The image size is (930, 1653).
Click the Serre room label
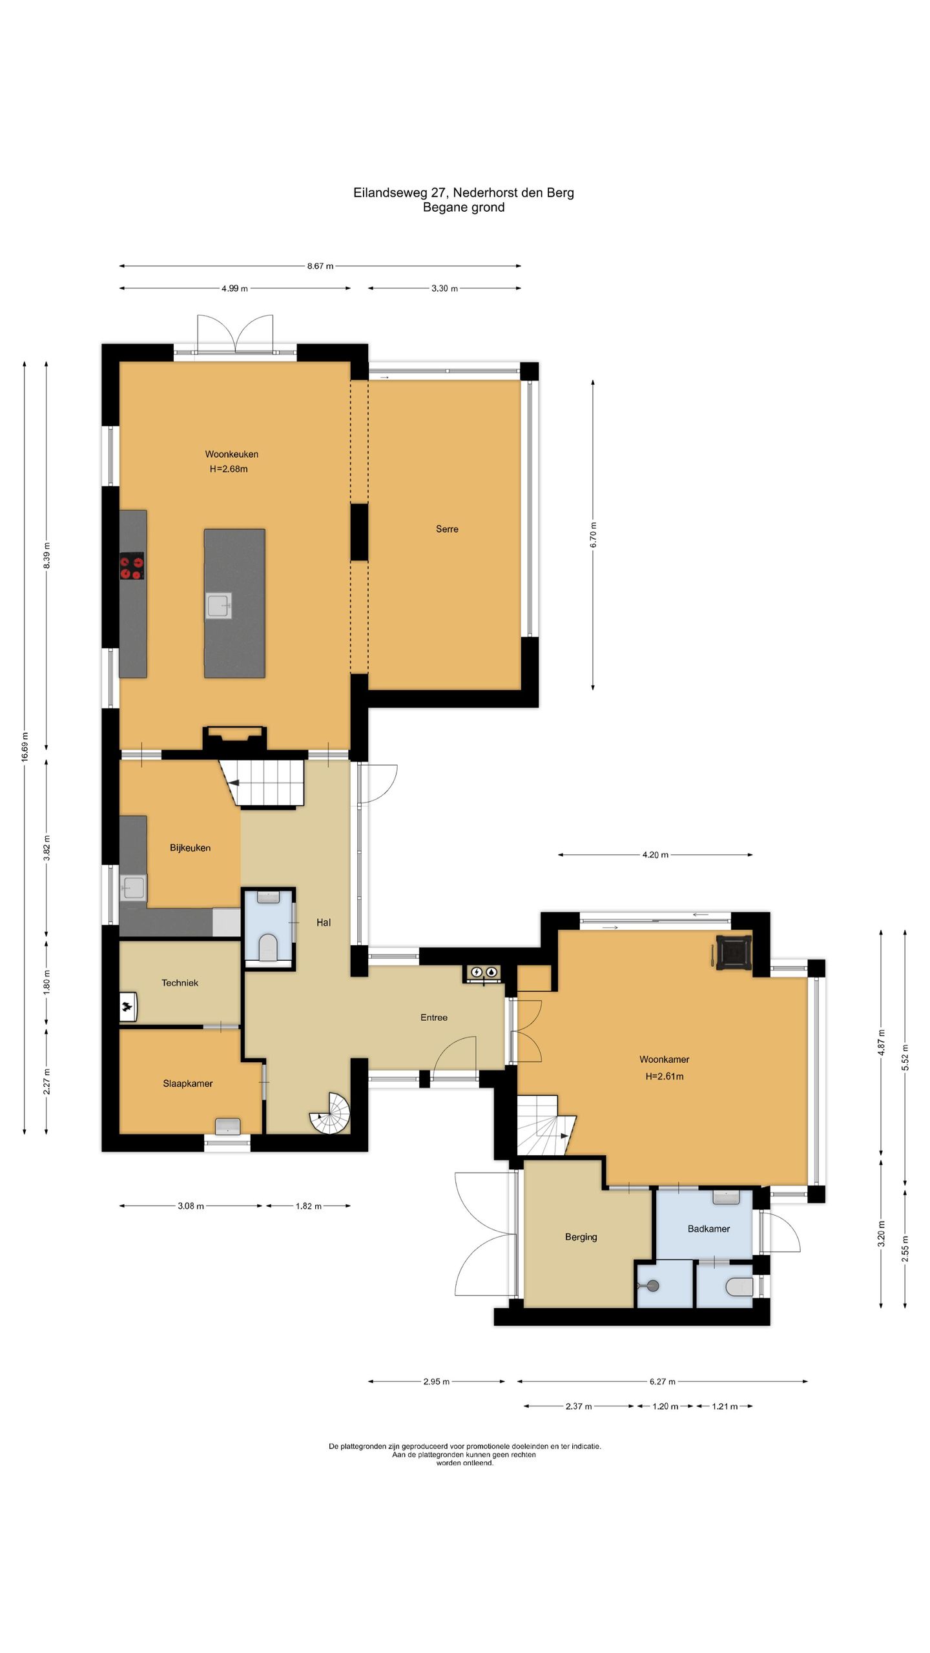447,529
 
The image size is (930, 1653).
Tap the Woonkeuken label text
232,454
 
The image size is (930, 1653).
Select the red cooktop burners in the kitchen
131,566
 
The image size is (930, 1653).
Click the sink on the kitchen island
218,606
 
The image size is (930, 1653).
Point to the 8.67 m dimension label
320,266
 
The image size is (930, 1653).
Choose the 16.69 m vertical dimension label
25,746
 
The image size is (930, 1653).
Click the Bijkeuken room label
190,848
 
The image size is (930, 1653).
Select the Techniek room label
180,983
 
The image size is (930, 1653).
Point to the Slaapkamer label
187,1083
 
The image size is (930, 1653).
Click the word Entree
434,1017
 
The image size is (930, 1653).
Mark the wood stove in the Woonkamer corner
733,952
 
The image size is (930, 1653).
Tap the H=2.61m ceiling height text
665,1076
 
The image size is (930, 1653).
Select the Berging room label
581,1237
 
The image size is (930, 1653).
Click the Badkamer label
708,1229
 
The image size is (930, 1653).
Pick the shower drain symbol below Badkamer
652,1286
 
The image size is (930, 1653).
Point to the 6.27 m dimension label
663,1382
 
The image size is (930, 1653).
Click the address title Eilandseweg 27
400,192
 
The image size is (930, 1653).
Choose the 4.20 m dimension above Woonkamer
655,855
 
